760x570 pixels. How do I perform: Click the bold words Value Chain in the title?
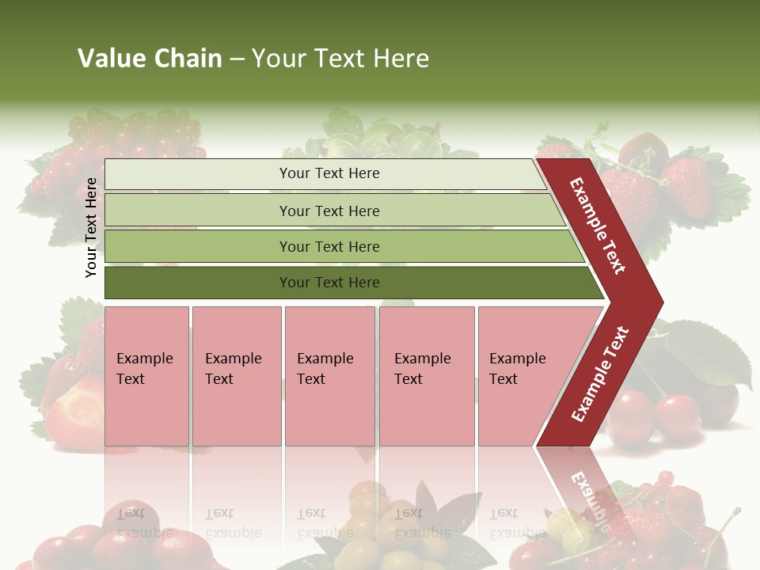click(x=150, y=58)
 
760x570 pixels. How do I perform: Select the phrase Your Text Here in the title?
click(x=340, y=58)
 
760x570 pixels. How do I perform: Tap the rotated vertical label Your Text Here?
click(x=91, y=227)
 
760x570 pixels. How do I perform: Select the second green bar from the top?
click(x=329, y=211)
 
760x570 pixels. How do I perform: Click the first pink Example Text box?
click(x=146, y=376)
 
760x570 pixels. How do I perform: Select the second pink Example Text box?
click(x=236, y=376)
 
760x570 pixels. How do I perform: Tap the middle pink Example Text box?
click(x=329, y=376)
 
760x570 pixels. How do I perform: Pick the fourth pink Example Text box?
click(x=426, y=376)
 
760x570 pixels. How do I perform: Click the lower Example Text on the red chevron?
click(x=600, y=374)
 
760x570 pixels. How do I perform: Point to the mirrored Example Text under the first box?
click(x=145, y=522)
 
